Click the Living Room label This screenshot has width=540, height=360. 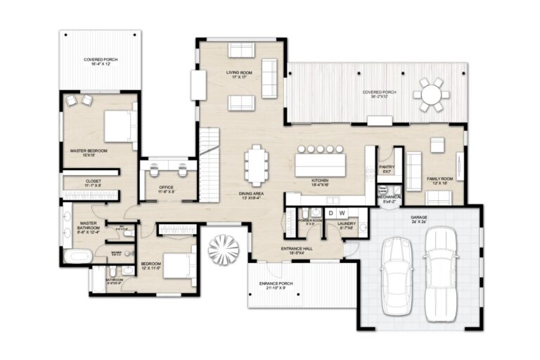[x=238, y=74]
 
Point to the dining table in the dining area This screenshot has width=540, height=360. [x=257, y=165]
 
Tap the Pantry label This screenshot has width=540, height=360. [x=387, y=169]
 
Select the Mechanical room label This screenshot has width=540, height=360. [x=389, y=199]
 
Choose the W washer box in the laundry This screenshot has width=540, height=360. [x=342, y=212]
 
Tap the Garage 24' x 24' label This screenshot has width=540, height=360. [x=419, y=219]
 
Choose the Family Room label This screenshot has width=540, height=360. [x=442, y=181]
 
